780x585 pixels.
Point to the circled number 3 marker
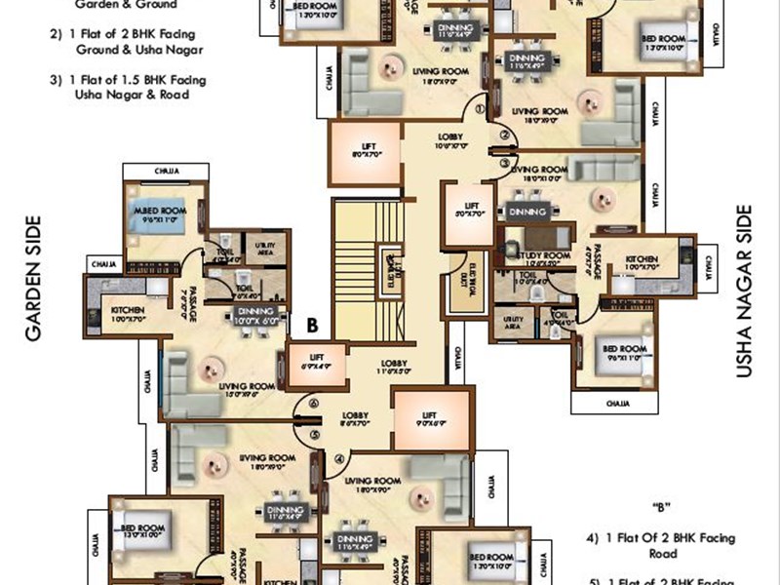point(505,153)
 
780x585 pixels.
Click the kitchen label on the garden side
point(128,312)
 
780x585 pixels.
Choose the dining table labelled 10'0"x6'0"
point(255,315)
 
